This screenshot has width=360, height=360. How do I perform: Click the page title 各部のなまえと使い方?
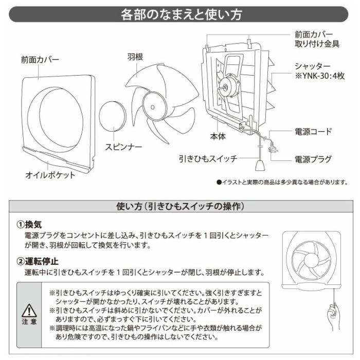pos(180,14)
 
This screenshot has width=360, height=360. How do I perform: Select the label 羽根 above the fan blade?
pos(134,56)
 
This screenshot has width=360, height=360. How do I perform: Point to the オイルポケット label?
pos(50,175)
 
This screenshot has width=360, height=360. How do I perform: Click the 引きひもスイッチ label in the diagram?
pos(208,159)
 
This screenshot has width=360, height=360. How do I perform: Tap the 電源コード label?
pos(313,132)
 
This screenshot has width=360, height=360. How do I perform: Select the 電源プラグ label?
pos(313,159)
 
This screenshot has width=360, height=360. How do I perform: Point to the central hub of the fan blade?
pos(153,103)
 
